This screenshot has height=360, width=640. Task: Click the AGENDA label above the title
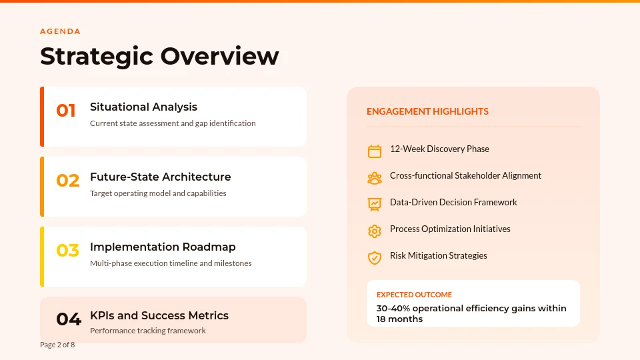point(60,31)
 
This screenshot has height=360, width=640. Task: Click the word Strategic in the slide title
point(97,56)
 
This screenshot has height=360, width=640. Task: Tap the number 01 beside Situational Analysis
point(66,111)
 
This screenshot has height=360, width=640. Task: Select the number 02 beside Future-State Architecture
point(67,181)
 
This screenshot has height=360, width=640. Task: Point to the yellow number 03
point(67,251)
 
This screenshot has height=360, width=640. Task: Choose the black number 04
point(68,319)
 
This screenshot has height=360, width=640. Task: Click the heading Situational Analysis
point(143,107)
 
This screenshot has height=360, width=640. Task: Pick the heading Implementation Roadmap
point(163,247)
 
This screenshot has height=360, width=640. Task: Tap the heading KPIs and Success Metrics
point(159,315)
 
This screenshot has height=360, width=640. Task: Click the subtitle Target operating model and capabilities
point(158,193)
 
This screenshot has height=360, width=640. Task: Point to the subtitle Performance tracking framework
point(148,331)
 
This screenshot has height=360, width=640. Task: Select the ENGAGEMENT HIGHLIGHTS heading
point(427,111)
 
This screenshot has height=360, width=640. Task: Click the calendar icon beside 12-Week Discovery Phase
point(375,151)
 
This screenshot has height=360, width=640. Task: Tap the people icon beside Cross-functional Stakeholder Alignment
point(375,178)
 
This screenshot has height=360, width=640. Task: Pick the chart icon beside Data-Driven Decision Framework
point(375,204)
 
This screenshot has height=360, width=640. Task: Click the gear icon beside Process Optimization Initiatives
point(375,231)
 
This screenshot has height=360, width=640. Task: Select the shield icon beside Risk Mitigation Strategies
point(375,257)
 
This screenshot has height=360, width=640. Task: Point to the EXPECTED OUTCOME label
point(414,295)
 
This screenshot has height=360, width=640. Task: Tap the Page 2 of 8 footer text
point(57,345)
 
